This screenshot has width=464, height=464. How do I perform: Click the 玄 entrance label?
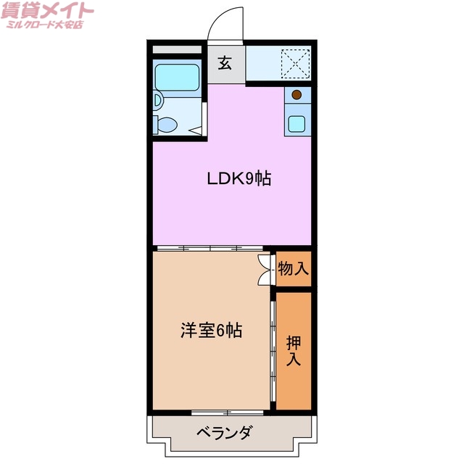[225, 63]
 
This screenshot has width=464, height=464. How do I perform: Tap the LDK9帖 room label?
[239, 178]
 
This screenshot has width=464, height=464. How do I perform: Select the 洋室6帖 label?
[211, 331]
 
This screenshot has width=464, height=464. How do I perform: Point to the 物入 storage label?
[294, 269]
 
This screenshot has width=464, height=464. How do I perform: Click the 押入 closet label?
[294, 349]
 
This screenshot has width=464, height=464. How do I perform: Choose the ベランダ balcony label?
[225, 433]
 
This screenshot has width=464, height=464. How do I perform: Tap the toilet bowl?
[167, 124]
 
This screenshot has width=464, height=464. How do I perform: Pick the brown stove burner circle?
[297, 94]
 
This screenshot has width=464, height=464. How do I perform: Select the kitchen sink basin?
[297, 122]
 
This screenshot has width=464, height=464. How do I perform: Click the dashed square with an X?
[295, 62]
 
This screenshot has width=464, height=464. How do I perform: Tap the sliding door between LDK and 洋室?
[210, 248]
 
